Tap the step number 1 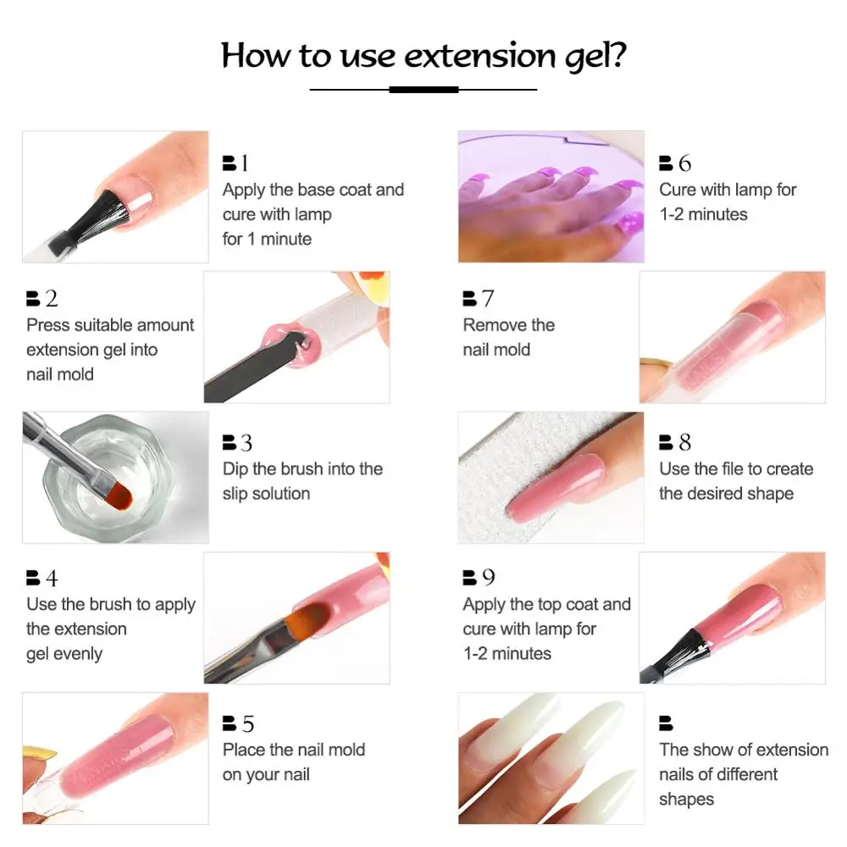(x=245, y=163)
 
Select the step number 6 (x=684, y=163)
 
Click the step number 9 (x=489, y=578)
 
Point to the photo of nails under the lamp (x=551, y=196)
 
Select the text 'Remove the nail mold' (x=508, y=337)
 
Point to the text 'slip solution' (x=266, y=493)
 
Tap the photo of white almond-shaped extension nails (x=551, y=757)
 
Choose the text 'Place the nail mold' (x=293, y=750)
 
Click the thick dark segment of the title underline (x=423, y=89)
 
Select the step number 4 (x=52, y=579)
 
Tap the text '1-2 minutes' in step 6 (x=703, y=214)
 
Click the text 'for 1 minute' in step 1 (x=267, y=239)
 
